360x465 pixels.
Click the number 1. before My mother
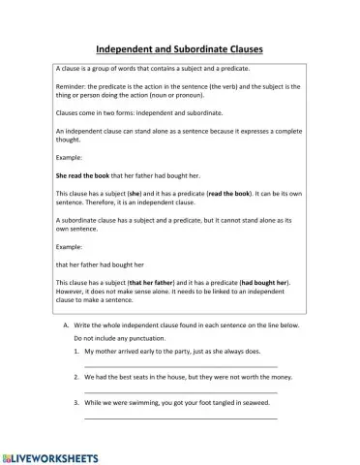tap(76, 353)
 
